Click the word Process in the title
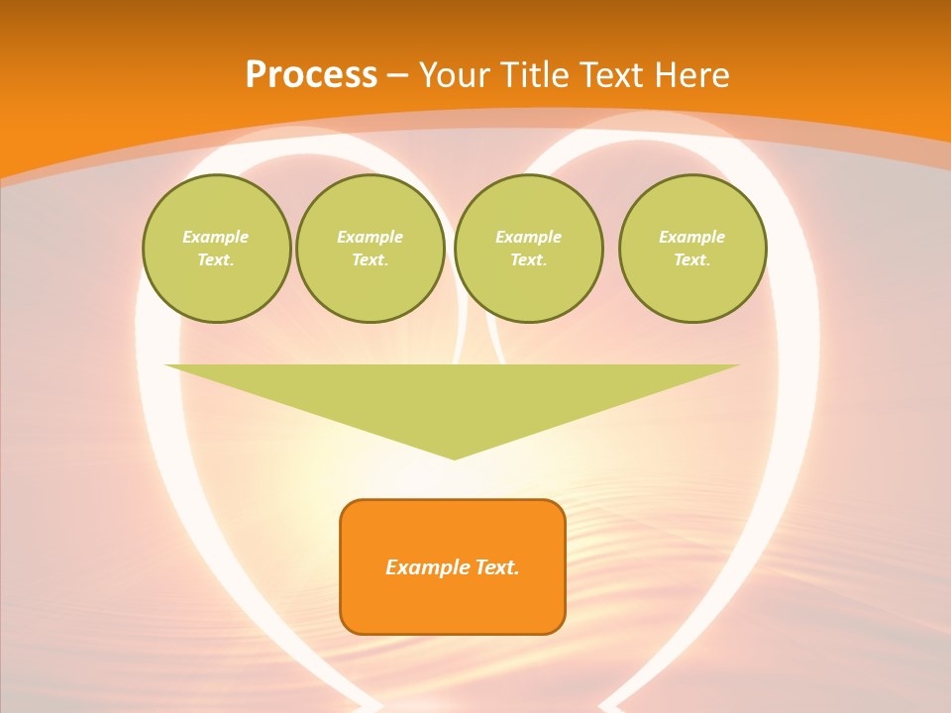(x=311, y=75)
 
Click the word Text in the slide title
(x=612, y=75)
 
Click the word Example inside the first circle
(x=216, y=237)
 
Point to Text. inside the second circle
(x=370, y=259)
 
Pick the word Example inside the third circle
(x=528, y=237)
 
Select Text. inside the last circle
(x=692, y=259)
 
